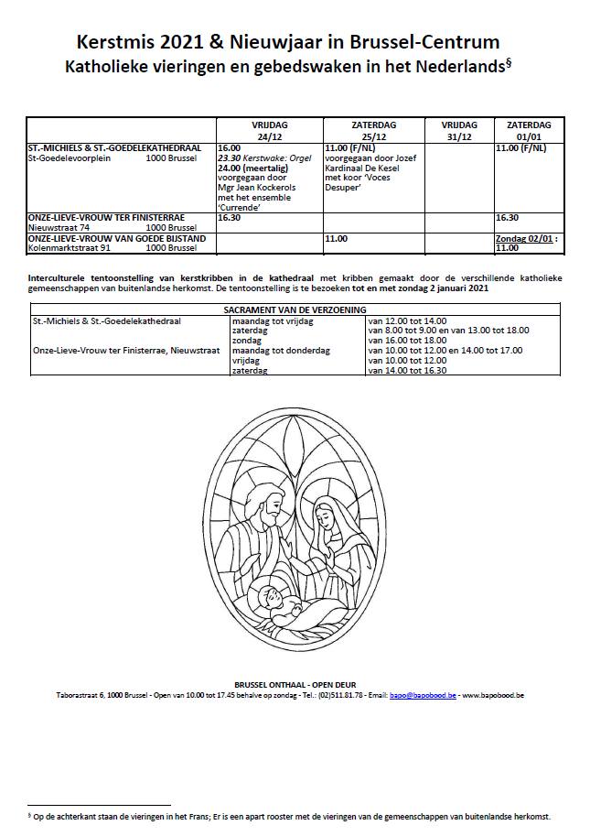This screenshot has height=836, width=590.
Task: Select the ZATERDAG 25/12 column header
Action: tap(374, 130)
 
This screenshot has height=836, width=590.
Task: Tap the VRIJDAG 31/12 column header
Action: tap(459, 130)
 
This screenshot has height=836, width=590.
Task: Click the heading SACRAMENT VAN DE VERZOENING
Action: tap(295, 310)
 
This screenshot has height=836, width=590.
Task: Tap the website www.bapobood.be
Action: tap(494, 695)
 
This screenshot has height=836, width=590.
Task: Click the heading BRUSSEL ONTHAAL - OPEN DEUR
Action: tap(295, 684)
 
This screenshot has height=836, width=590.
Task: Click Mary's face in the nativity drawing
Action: tap(327, 521)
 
